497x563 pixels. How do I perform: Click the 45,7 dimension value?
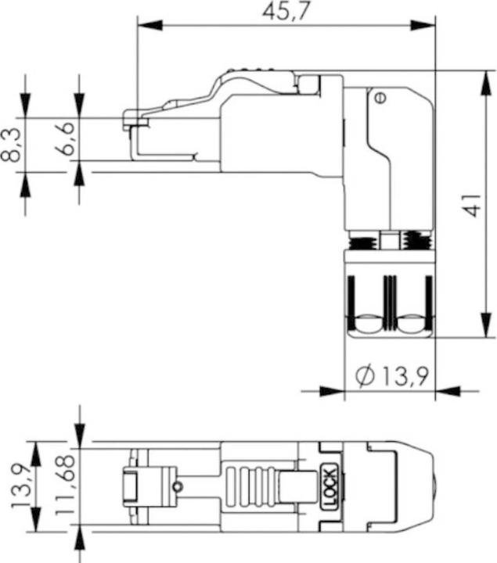pyautogui.click(x=286, y=11)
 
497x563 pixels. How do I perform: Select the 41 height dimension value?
pyautogui.click(x=472, y=206)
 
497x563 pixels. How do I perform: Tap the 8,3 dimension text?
pyautogui.click(x=11, y=145)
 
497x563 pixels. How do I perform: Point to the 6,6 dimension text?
pyautogui.click(x=65, y=138)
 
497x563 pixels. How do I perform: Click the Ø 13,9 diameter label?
pyautogui.click(x=392, y=376)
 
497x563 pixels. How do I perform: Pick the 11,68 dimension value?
pyautogui.click(x=65, y=486)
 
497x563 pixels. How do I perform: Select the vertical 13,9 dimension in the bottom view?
pyautogui.click(x=21, y=486)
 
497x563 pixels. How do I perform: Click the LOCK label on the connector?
pyautogui.click(x=330, y=487)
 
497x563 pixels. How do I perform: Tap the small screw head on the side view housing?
pyautogui.click(x=381, y=97)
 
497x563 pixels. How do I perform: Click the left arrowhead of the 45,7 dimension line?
pyautogui.click(x=149, y=25)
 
